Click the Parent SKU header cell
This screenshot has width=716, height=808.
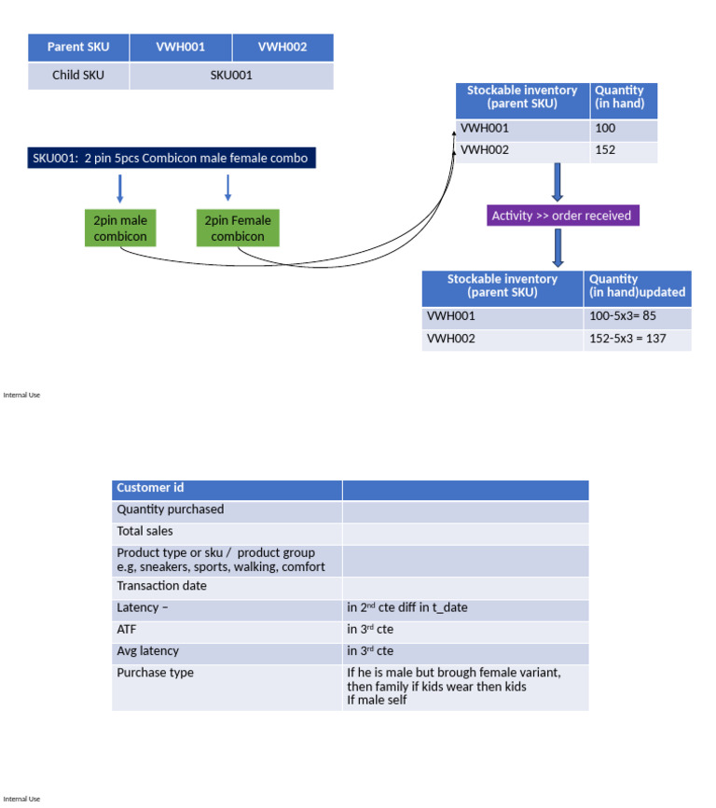[x=79, y=48]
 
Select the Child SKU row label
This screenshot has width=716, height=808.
[x=79, y=76]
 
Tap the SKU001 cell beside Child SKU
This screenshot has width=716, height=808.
[x=231, y=76]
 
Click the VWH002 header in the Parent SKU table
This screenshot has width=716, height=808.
[x=282, y=48]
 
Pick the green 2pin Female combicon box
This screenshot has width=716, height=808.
[x=238, y=229]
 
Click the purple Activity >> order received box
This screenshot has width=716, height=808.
[x=561, y=216]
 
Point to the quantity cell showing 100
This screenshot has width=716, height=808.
[x=623, y=130]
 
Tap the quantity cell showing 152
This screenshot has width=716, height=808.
[x=623, y=150]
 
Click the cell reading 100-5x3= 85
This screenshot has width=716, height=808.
[x=637, y=316]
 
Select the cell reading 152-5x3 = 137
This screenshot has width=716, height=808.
[x=637, y=339]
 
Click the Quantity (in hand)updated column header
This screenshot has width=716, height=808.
[x=637, y=286]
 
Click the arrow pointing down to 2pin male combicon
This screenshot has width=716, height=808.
[x=119, y=188]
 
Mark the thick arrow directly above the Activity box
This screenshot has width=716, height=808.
[x=558, y=182]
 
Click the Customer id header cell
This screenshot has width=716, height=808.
[x=227, y=489]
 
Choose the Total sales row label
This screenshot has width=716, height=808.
[x=227, y=532]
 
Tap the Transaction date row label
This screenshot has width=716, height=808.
[x=227, y=587]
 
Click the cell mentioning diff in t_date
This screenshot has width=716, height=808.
[x=464, y=608]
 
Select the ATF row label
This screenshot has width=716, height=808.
[x=227, y=630]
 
